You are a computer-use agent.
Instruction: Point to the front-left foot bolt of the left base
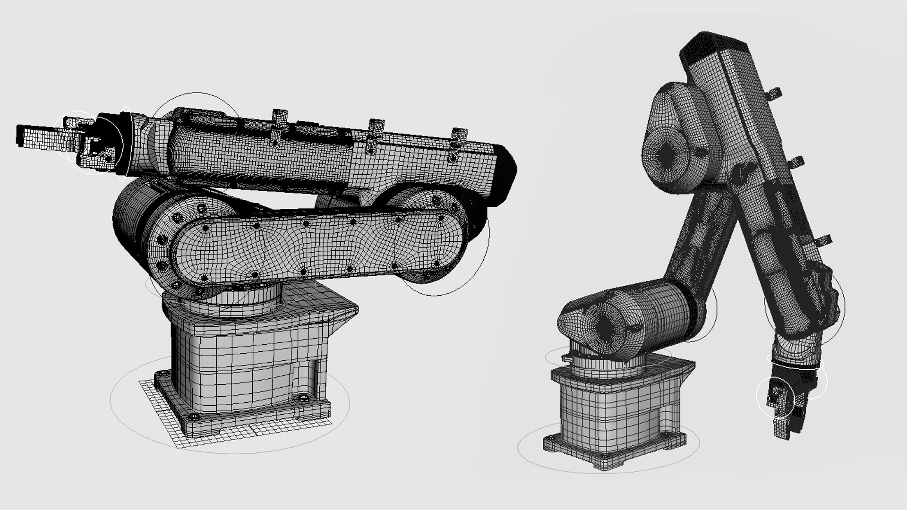coord(194,416)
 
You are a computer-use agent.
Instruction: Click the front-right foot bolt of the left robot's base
coord(301,400)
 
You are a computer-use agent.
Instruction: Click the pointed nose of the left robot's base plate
coord(352,312)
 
